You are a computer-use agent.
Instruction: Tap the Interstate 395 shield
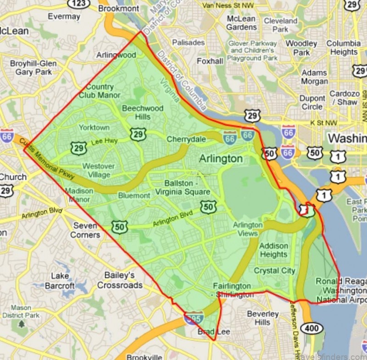coord(196,316)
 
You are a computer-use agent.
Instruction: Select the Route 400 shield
coord(314,328)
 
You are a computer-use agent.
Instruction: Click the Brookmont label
coord(118,8)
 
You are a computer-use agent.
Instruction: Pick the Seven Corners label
coord(85,230)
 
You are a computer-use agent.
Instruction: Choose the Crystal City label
coord(274,270)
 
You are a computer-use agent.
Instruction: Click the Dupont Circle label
coord(312,102)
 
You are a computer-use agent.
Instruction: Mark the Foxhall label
coord(210,61)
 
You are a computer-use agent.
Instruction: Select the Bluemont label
coord(134,196)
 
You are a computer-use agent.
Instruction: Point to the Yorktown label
coord(94,127)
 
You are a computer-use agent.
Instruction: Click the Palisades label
coord(188,42)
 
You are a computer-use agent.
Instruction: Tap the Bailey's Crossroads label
coord(120,280)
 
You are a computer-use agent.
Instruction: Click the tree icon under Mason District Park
coord(21,325)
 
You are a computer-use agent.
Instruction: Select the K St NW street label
coord(323,123)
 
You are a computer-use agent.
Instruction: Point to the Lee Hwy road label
coord(104,142)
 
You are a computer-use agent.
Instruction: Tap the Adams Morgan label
coord(314,77)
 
